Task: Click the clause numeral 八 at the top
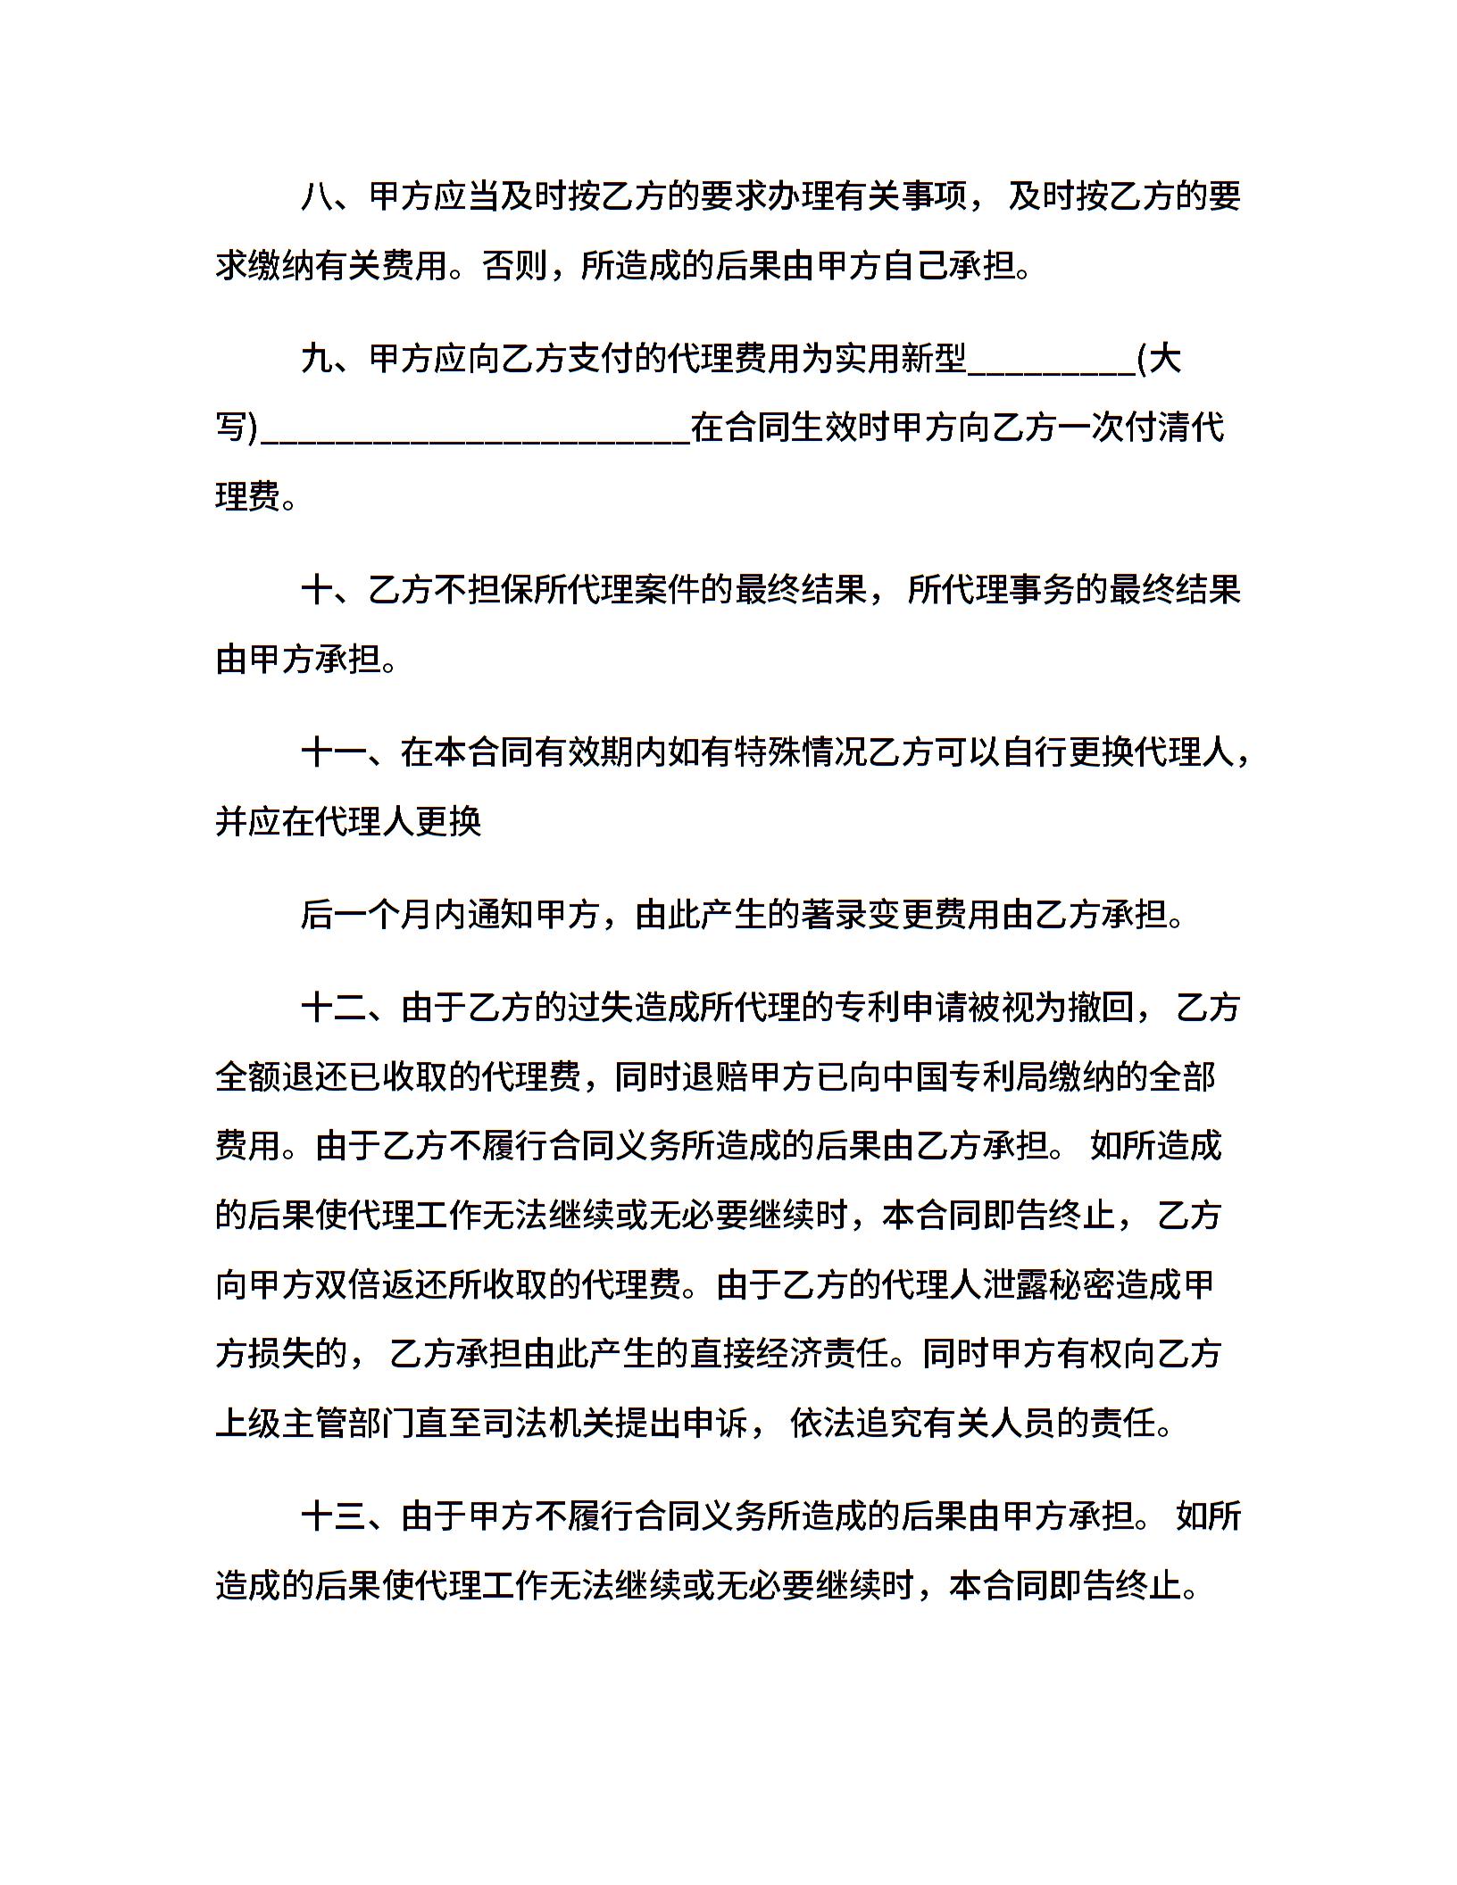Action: [x=317, y=196]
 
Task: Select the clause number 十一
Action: [x=334, y=752]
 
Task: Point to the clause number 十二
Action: [x=334, y=1007]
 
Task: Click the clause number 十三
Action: [x=334, y=1515]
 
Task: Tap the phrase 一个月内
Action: [x=417, y=915]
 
